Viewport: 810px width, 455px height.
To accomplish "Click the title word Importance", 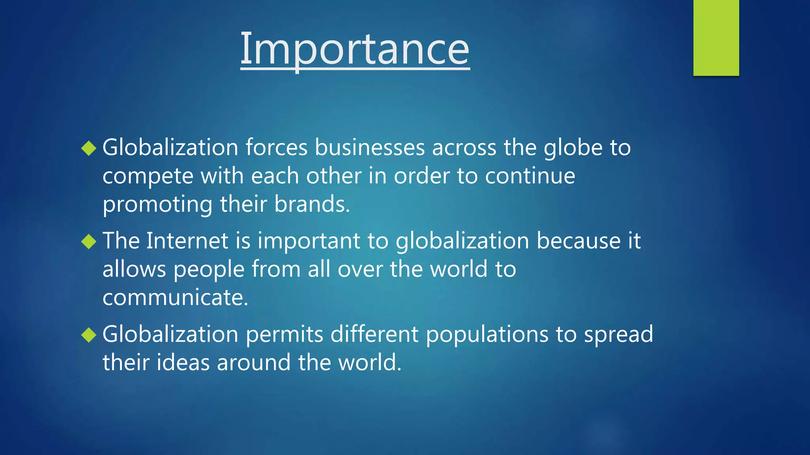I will coord(355,49).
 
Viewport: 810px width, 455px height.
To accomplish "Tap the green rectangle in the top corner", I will coord(716,38).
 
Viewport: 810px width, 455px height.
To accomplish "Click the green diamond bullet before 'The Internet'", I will coord(89,241).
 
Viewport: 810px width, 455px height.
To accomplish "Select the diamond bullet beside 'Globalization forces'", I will coord(89,148).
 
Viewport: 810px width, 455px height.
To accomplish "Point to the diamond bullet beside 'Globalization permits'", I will coord(89,335).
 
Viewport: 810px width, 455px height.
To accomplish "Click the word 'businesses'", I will coord(369,148).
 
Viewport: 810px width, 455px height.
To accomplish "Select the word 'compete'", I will coord(148,177).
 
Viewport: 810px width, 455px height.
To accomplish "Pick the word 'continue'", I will coord(530,176).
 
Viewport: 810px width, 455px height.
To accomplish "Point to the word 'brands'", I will coord(312,204).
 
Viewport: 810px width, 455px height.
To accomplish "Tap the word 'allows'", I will coord(134,269).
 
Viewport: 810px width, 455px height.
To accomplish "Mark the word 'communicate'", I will coord(175,298).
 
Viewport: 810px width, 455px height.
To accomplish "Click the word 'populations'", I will coord(487,335).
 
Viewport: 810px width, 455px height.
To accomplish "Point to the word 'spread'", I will coord(619,335).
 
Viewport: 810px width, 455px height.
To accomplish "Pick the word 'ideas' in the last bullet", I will coord(183,363).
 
